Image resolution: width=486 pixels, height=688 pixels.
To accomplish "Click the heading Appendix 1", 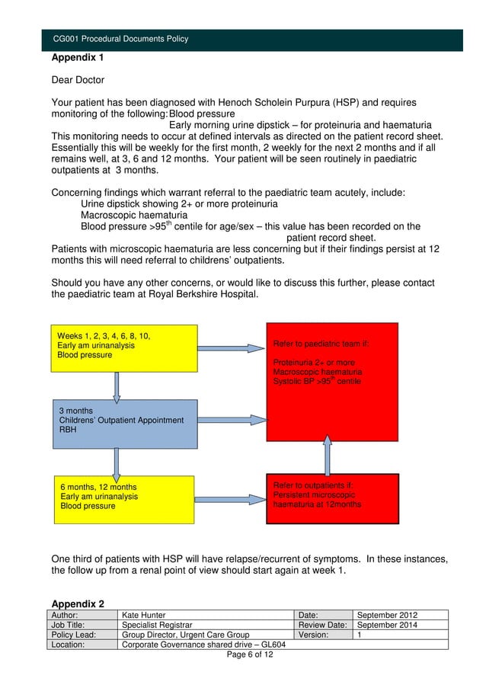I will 78,57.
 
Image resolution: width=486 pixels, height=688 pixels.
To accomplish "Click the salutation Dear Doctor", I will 78,80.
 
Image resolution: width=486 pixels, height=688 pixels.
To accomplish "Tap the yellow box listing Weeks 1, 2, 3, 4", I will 123,347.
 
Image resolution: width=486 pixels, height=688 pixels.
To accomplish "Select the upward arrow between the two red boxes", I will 328,457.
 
